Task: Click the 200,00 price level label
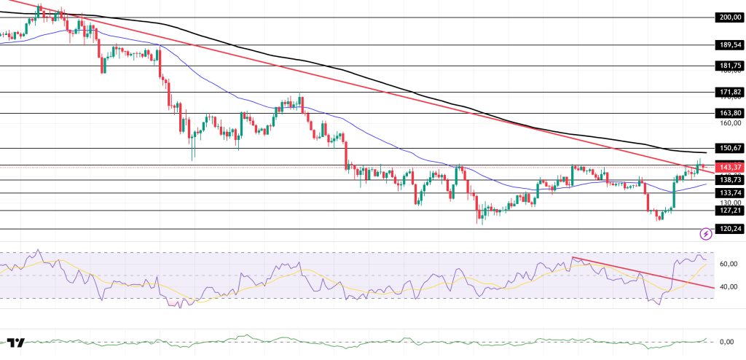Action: coord(729,16)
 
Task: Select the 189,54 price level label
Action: coord(729,44)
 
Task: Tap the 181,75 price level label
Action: coord(729,66)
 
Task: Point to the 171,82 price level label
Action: coord(729,92)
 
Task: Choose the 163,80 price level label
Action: coord(729,113)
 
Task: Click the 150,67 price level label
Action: coord(729,148)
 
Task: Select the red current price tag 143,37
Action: coord(729,166)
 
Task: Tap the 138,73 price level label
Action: coord(729,179)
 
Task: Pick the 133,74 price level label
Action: coord(729,192)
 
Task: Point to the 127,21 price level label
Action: coord(729,210)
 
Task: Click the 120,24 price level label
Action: coord(729,228)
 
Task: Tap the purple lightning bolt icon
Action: coord(706,234)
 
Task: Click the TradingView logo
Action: coord(16,343)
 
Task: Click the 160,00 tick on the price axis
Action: coord(729,123)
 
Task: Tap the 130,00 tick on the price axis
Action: coord(729,203)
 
